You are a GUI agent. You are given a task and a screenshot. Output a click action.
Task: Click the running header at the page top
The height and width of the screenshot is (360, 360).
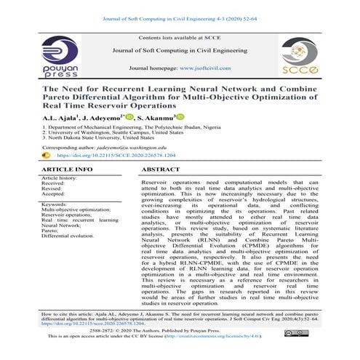(x=180, y=9)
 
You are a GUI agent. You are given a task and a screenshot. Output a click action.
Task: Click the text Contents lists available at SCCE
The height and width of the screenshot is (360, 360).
(x=180, y=36)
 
